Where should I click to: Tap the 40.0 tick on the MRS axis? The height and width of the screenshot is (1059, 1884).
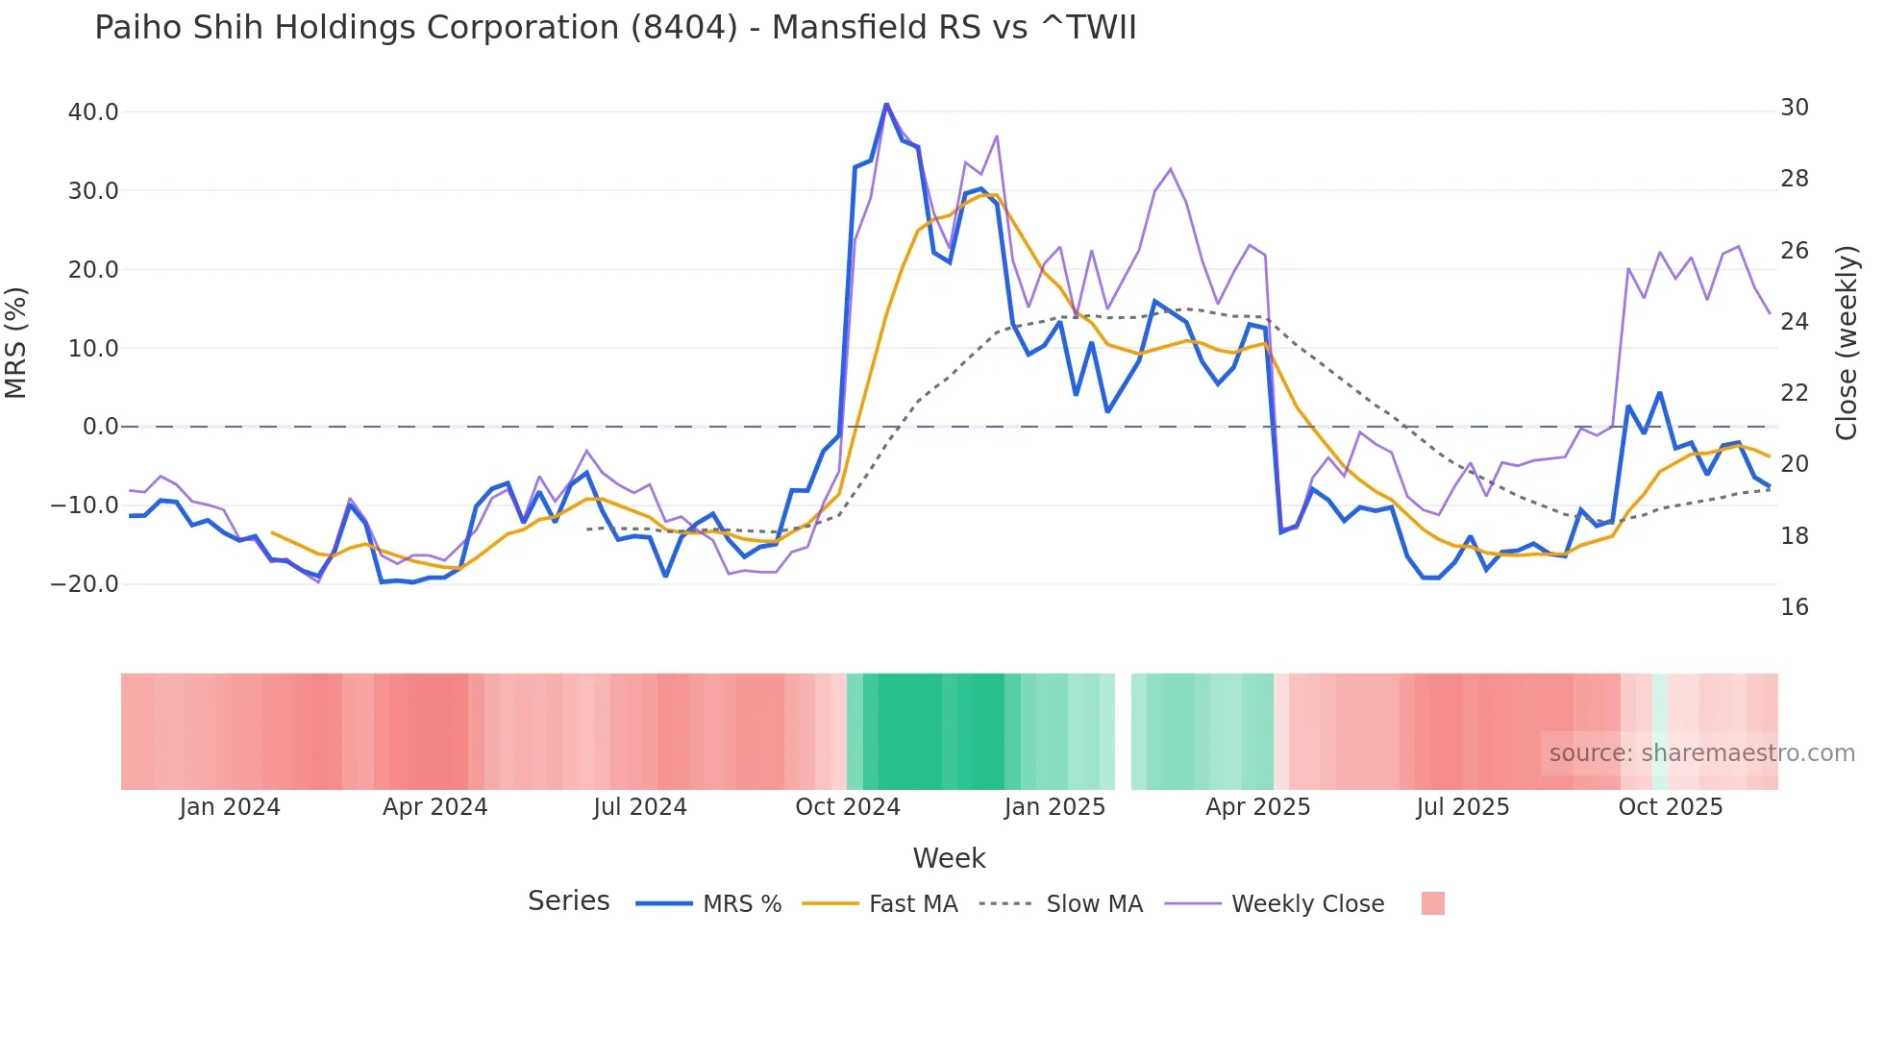click(x=93, y=112)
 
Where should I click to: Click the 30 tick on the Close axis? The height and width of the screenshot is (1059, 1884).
click(x=1794, y=108)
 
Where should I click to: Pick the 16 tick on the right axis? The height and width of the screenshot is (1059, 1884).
click(x=1794, y=607)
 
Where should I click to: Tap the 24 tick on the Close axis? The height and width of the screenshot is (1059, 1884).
click(x=1794, y=322)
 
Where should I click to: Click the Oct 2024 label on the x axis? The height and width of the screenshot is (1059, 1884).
click(x=847, y=807)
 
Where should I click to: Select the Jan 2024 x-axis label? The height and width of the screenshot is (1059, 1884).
click(x=229, y=807)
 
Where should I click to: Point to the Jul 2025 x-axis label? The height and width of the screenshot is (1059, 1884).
click(x=1462, y=807)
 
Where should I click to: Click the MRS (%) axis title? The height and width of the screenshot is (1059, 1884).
click(x=16, y=343)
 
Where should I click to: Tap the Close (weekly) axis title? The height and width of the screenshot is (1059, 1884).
click(x=1846, y=343)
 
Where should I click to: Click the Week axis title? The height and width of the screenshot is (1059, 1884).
click(x=949, y=858)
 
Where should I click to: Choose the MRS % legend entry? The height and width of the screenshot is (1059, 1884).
click(x=741, y=904)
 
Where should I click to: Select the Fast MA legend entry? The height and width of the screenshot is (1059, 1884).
click(x=912, y=904)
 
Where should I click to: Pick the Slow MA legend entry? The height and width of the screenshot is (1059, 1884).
click(x=1094, y=904)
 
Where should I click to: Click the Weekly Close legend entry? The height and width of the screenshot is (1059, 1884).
click(x=1307, y=904)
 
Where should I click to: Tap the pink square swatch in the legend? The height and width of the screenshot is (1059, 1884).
click(x=1432, y=903)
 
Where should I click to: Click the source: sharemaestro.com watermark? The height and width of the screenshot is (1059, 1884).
click(x=1701, y=753)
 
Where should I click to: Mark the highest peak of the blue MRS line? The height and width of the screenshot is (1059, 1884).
click(x=886, y=105)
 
